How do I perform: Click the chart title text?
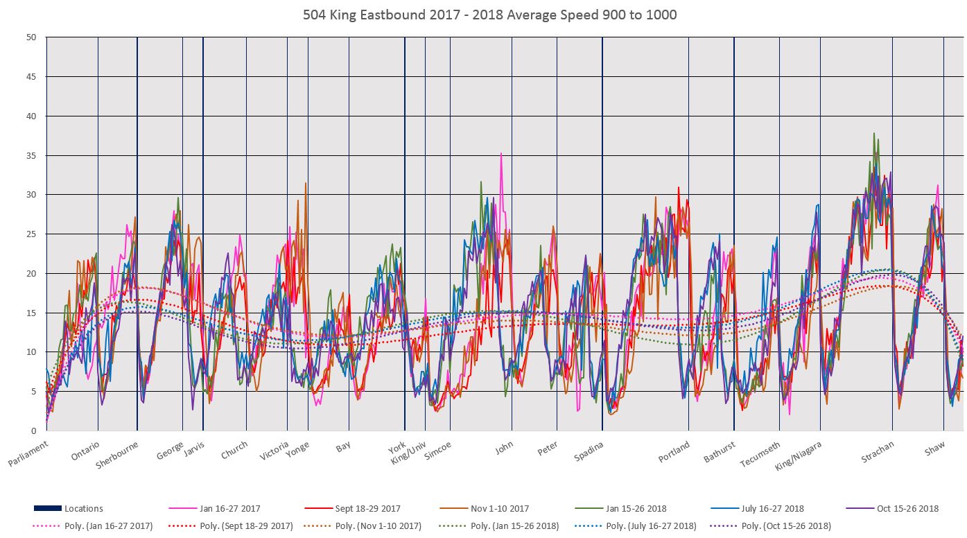point(489,15)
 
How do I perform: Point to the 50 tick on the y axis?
point(31,37)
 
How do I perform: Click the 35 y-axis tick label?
point(31,155)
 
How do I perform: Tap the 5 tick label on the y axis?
point(33,391)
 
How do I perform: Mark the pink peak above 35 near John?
point(501,153)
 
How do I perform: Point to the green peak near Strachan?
point(874,133)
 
